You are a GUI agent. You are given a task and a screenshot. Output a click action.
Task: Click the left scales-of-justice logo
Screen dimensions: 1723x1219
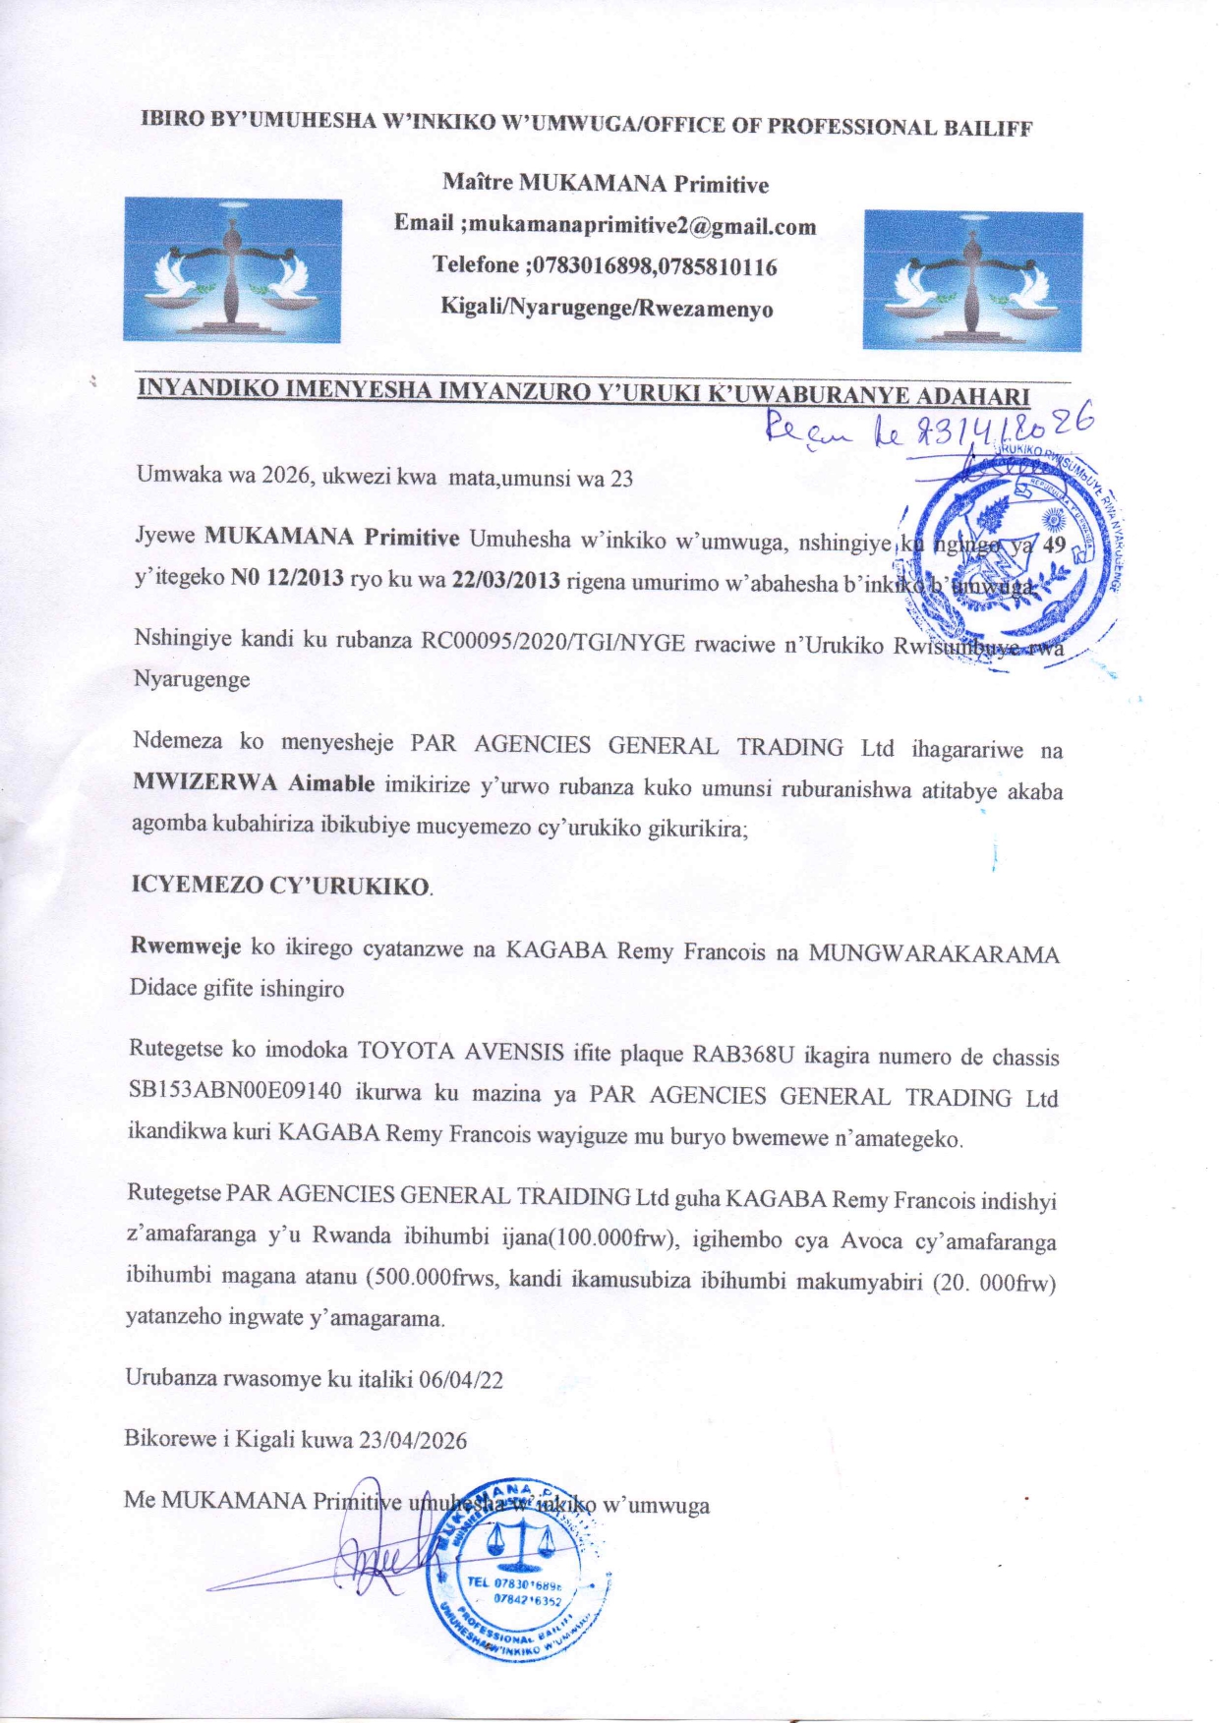click(232, 269)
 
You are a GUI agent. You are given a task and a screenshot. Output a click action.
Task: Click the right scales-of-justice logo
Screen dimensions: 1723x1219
click(972, 280)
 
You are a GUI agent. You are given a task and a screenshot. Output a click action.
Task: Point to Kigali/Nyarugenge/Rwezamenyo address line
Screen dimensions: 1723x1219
click(607, 309)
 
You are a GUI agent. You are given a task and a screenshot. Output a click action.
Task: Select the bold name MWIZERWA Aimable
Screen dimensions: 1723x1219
click(254, 783)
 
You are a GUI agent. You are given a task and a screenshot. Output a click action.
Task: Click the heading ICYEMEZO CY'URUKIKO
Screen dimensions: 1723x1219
click(281, 885)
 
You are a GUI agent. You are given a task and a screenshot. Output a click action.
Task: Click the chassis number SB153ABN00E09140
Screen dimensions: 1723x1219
click(236, 1091)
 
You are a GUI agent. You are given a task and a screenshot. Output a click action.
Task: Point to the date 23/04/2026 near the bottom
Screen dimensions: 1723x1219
click(413, 1440)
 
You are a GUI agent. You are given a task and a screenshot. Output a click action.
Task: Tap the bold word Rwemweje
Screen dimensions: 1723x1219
click(186, 947)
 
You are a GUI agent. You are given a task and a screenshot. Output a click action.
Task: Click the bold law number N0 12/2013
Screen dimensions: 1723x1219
click(287, 577)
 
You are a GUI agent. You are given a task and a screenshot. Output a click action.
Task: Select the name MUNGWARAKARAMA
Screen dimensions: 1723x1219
click(933, 954)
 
